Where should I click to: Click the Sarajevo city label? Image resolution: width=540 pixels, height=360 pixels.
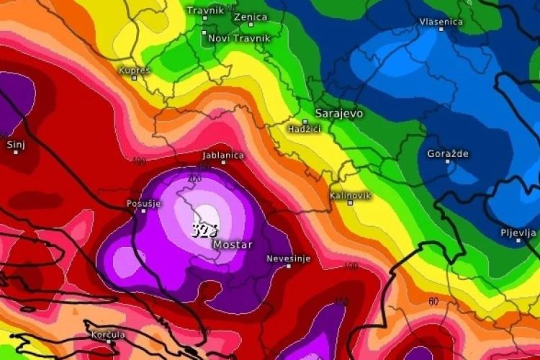(x=339, y=113)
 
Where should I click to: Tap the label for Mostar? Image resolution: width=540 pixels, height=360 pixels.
(x=233, y=245)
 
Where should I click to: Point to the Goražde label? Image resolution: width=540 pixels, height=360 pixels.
(x=448, y=154)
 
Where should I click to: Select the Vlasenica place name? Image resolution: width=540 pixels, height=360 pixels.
(x=441, y=22)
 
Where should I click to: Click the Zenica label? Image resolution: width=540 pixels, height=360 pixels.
(x=251, y=16)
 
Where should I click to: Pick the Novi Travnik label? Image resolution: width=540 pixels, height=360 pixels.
(x=239, y=37)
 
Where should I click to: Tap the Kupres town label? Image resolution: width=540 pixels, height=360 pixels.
(x=135, y=70)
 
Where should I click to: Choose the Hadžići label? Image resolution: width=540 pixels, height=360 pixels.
(x=304, y=127)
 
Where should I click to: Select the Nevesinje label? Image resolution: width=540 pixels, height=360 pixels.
(x=288, y=258)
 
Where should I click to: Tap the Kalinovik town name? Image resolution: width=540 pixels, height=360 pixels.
(x=351, y=195)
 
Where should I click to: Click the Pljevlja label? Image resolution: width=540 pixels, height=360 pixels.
(x=518, y=233)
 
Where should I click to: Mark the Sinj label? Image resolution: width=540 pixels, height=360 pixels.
(x=16, y=145)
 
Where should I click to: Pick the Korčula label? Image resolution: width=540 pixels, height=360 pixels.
(x=108, y=334)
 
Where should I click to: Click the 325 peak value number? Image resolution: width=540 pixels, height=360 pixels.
(x=204, y=230)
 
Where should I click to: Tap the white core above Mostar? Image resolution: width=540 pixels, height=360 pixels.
(x=207, y=214)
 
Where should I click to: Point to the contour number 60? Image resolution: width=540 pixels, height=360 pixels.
(x=433, y=302)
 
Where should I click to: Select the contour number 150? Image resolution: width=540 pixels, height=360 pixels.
(x=341, y=301)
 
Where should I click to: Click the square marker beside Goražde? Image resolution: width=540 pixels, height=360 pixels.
(x=447, y=162)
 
